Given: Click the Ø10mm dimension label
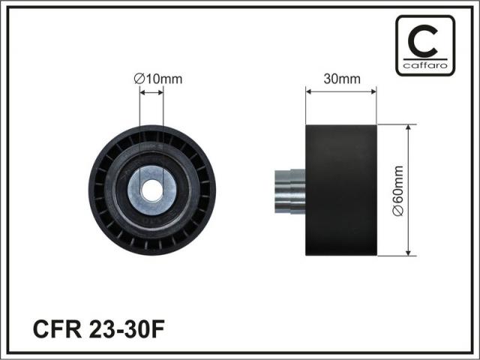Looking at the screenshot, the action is (158, 79).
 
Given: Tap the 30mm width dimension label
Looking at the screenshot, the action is (342, 79).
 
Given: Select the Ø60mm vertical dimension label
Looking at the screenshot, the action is (398, 190).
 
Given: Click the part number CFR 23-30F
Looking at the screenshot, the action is (98, 329).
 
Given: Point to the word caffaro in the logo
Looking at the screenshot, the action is (425, 65).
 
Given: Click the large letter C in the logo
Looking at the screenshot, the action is (423, 41).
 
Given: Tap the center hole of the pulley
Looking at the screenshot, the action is (151, 190).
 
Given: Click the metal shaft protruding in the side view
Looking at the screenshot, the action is (290, 191).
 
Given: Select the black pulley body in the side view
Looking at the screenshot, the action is (341, 190).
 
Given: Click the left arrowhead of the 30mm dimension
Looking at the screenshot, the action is (308, 91).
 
